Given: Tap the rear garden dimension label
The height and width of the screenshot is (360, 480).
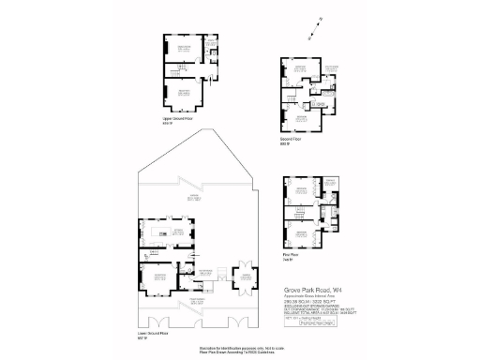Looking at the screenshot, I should pos(195,199).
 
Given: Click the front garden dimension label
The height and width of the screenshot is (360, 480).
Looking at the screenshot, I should pos(197,301).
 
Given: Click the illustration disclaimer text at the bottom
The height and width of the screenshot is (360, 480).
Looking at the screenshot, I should pos(240,349).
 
